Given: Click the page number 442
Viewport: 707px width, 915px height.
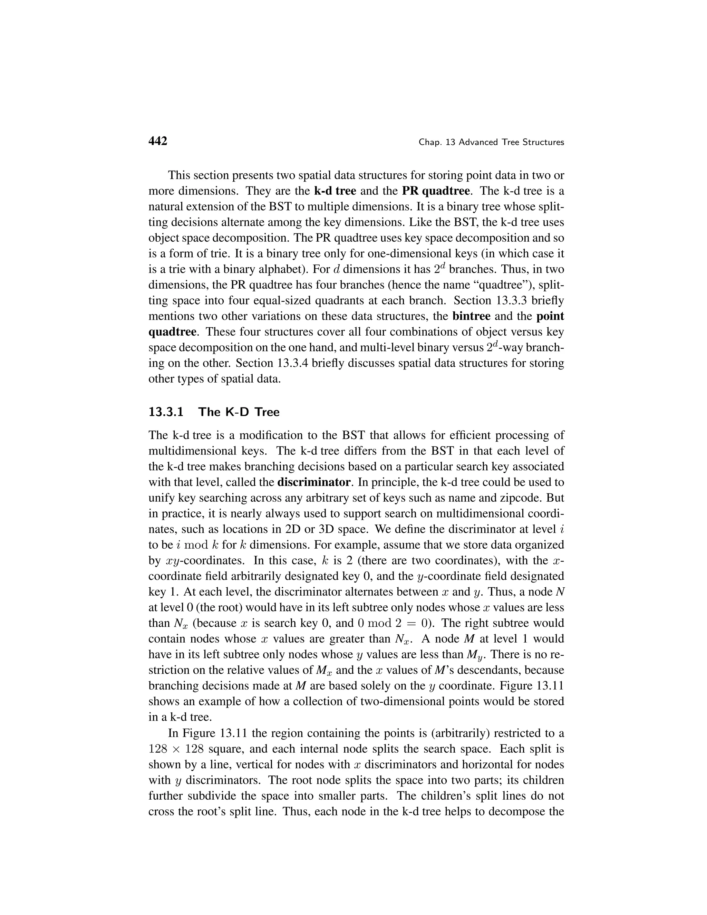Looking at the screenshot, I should click(x=158, y=141).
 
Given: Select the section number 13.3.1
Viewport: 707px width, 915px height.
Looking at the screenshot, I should click(x=166, y=412).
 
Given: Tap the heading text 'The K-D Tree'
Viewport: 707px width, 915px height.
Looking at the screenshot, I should click(x=239, y=412).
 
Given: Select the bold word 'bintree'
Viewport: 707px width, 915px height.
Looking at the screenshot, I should click(x=471, y=316).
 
